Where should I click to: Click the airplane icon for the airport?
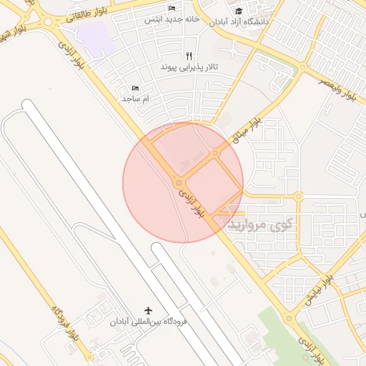click(149, 310)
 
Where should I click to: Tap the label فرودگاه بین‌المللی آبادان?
click(148, 322)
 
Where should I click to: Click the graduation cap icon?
click(238, 11)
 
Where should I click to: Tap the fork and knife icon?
click(189, 55)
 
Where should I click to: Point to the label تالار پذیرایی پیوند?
click(189, 67)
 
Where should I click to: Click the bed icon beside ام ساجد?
click(135, 87)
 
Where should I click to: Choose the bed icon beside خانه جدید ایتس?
click(172, 8)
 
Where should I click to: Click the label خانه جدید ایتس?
click(172, 19)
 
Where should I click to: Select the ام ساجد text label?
click(135, 98)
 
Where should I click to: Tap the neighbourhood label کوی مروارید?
click(260, 225)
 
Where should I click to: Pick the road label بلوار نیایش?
click(319, 290)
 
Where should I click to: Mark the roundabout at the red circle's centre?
click(178, 183)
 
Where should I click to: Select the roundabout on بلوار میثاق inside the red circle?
click(215, 152)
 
